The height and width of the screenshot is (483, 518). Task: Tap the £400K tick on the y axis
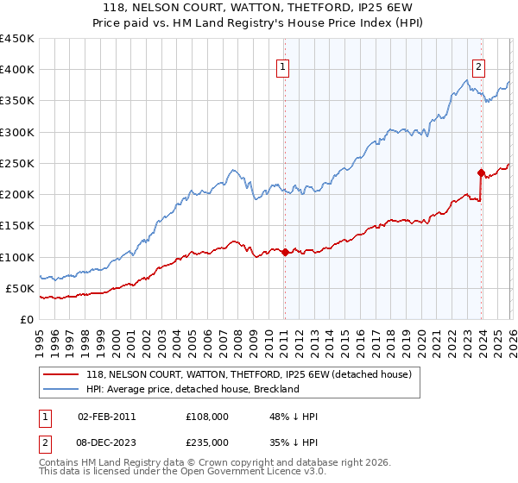17,70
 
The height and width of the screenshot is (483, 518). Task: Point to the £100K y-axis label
17,257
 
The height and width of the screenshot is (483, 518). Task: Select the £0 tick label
26,319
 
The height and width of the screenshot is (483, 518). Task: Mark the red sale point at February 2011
285,252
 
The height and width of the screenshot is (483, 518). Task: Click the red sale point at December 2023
482,172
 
